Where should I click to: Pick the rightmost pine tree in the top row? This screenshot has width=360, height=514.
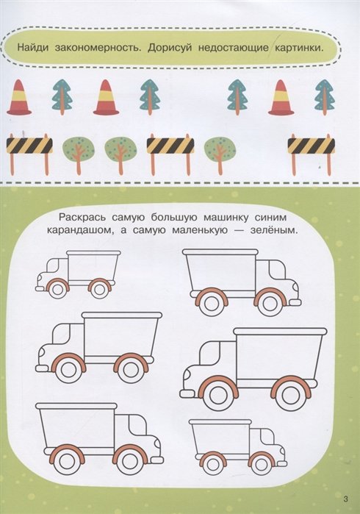(325, 97)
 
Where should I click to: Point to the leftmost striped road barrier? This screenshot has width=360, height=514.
(29, 154)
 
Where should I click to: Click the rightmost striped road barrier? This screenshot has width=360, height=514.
(312, 154)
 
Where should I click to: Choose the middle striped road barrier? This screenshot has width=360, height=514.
(170, 154)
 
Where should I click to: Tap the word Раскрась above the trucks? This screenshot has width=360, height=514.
(82, 218)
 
